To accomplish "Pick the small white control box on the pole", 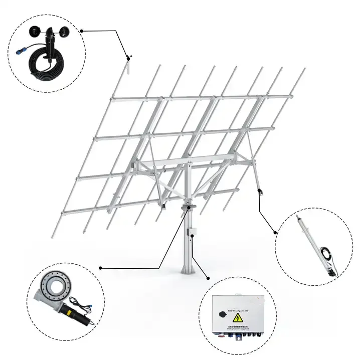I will pyautogui.click(x=192, y=233).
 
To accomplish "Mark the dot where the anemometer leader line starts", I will pyautogui.click(x=82, y=31).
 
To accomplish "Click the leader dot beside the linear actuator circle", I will pyautogui.click(x=275, y=232).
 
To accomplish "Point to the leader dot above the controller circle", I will pyautogui.click(x=208, y=276).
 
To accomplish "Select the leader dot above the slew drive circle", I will pyautogui.click(x=101, y=267).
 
